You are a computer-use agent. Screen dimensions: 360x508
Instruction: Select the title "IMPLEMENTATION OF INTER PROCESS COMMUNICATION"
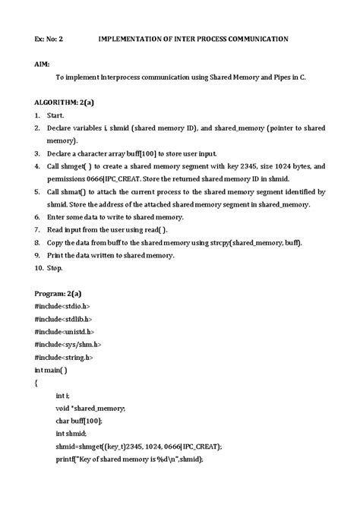tap(193, 39)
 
